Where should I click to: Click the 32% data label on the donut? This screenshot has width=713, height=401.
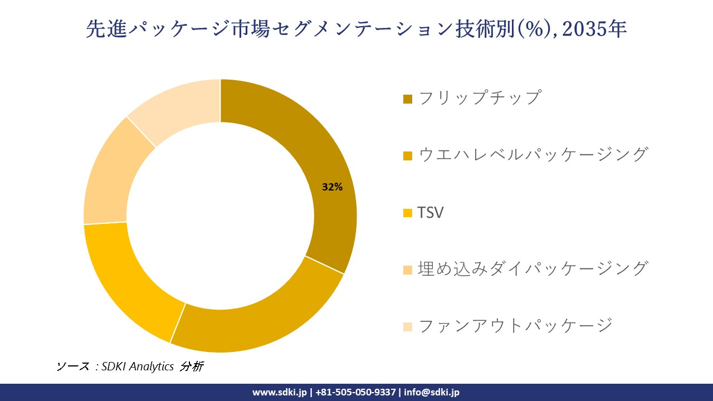tap(332, 188)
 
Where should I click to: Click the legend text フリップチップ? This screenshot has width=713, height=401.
tap(478, 97)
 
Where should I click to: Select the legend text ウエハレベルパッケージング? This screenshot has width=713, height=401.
tap(533, 154)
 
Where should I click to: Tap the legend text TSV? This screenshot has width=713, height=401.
tap(430, 212)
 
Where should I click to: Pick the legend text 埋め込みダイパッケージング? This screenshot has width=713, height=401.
tap(533, 268)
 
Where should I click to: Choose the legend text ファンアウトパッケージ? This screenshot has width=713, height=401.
tap(515, 325)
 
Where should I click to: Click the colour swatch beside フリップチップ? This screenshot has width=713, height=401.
tap(408, 99)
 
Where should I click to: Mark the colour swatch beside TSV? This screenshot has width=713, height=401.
tap(408, 213)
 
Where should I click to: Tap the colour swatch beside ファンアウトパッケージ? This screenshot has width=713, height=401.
tap(408, 326)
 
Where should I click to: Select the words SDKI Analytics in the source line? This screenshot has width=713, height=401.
tap(138, 366)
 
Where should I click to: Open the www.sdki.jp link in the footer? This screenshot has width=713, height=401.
tap(279, 392)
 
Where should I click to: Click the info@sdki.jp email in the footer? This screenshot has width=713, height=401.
tap(432, 392)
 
